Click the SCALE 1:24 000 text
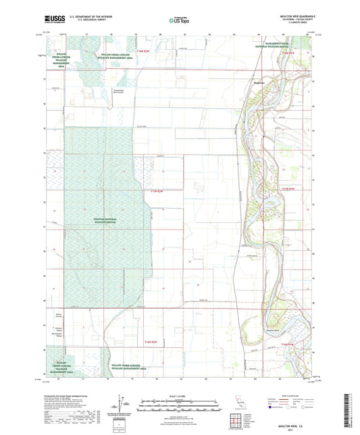(180, 395)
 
